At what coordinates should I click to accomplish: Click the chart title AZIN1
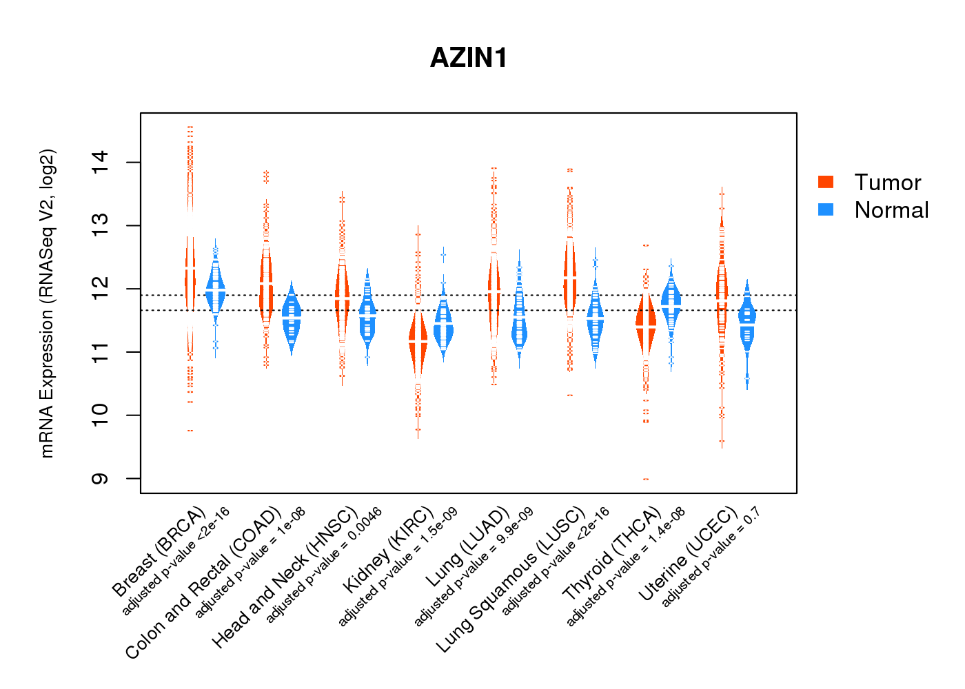coord(469,58)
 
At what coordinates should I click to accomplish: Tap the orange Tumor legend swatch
coord(826,182)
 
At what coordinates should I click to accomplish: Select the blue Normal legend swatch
coord(826,209)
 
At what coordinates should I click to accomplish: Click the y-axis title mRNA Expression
coord(47,303)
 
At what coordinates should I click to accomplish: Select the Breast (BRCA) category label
coord(159,552)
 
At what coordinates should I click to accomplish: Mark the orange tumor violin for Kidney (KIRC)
coord(418,341)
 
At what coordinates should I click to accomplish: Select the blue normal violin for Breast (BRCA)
coord(216,289)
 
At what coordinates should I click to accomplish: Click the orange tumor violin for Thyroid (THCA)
coord(646,324)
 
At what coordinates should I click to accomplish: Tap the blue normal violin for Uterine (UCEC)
coord(746,320)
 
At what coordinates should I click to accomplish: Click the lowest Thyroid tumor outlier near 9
coord(646,479)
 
